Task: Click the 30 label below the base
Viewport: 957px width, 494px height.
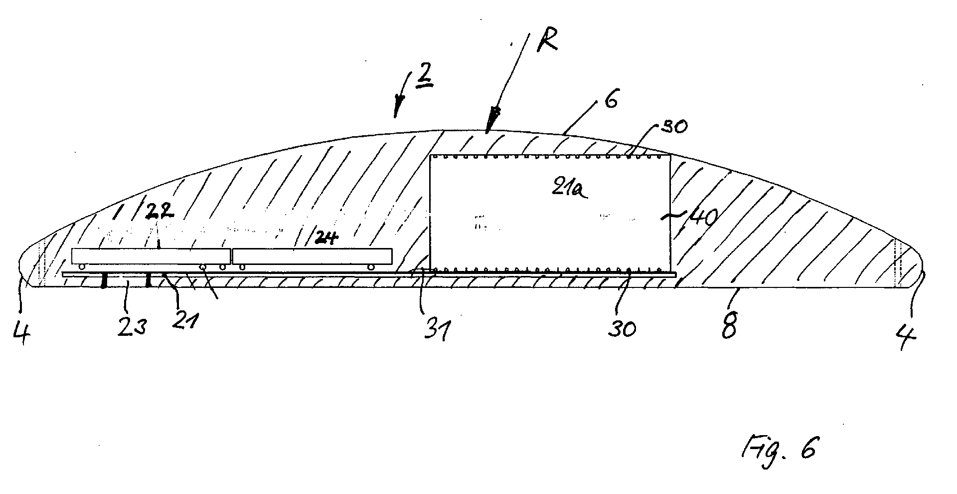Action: [x=622, y=329]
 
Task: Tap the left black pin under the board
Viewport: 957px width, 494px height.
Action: [x=103, y=280]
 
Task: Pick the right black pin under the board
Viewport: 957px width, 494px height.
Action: [x=149, y=280]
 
